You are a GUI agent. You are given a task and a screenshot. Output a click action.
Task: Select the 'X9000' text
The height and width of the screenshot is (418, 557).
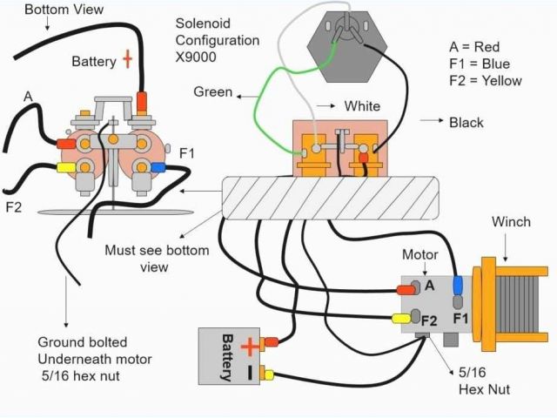(x=196, y=57)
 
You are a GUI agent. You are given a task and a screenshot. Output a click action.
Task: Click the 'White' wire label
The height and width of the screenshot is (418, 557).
(x=362, y=106)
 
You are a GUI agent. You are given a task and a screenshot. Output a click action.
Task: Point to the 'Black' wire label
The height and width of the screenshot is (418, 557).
(x=466, y=122)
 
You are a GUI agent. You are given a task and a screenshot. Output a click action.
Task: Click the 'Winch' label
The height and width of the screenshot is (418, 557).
(x=510, y=222)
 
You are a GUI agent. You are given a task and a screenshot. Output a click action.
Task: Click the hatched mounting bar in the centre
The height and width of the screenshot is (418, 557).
(x=331, y=197)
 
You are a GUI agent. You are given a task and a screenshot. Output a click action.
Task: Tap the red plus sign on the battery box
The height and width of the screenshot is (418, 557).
(x=249, y=347)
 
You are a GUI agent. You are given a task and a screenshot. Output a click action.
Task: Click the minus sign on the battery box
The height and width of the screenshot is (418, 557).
(x=250, y=371)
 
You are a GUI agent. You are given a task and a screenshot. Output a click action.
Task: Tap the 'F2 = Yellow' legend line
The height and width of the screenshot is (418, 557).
(x=485, y=81)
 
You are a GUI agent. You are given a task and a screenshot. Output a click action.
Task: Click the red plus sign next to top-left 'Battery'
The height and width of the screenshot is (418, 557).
(x=127, y=59)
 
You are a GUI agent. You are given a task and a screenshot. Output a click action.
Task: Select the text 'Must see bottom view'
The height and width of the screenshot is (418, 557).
(x=157, y=259)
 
